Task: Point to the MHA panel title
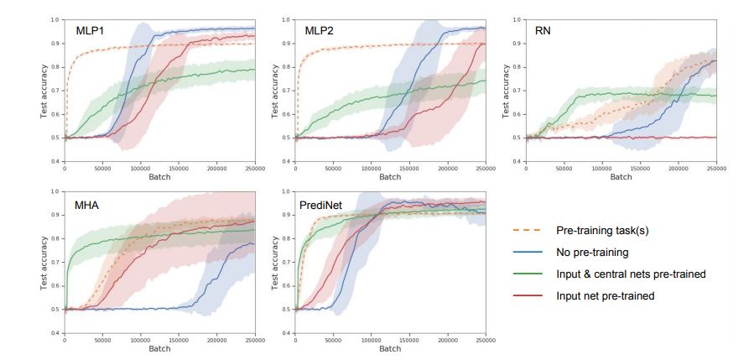pos(88,204)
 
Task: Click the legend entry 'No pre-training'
pos(593,252)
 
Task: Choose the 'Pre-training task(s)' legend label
pos(603,230)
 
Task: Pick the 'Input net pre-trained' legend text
pos(604,295)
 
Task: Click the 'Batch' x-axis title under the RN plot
pos(621,177)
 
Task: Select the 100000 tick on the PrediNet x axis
pos(371,341)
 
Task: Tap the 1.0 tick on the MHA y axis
pos(56,191)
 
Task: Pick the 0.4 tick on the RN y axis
pos(517,161)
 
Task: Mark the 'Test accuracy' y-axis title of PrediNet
pos(274,262)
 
